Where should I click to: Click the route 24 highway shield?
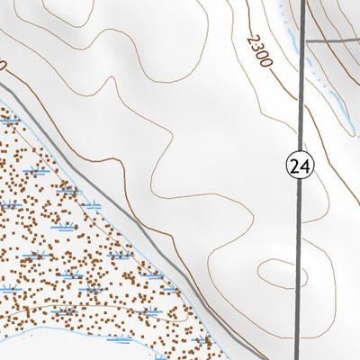(300, 165)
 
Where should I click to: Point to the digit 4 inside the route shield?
(304, 165)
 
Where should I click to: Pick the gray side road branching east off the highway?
(333, 41)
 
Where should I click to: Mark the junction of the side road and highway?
(301, 41)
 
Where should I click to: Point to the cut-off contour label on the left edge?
(3, 66)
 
